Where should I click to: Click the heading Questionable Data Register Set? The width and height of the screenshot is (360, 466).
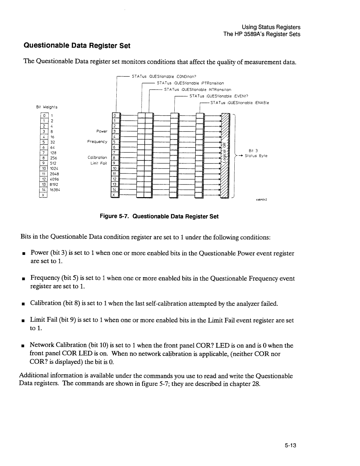point(76,45)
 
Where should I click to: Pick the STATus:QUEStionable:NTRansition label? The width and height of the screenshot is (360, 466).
point(198,90)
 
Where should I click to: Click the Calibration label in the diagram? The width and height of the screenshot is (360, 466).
point(97,157)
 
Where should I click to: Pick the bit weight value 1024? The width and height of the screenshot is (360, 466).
point(54,168)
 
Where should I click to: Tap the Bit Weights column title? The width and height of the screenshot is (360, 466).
point(47,107)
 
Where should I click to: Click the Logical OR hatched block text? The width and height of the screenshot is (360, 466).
point(226,156)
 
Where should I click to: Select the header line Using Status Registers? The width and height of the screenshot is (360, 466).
point(276,27)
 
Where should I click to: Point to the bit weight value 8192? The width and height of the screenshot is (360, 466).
point(54,184)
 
